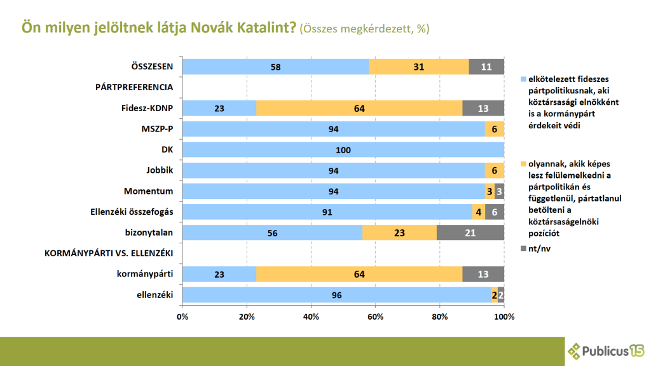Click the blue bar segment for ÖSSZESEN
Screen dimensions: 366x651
275,67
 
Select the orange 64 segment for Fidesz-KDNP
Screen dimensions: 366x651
359,108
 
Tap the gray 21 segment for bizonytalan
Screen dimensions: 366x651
470,233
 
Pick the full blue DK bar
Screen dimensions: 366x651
343,150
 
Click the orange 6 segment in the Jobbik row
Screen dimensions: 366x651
495,170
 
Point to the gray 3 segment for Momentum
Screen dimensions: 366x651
500,191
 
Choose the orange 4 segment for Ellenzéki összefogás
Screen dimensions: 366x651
479,212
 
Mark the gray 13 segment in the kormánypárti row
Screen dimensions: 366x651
483,274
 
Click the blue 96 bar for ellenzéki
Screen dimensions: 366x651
337,295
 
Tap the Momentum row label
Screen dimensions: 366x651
153,191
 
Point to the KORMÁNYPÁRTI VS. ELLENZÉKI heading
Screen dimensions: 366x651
109,254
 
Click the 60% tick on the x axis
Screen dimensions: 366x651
376,316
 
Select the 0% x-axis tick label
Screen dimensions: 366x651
182,316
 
